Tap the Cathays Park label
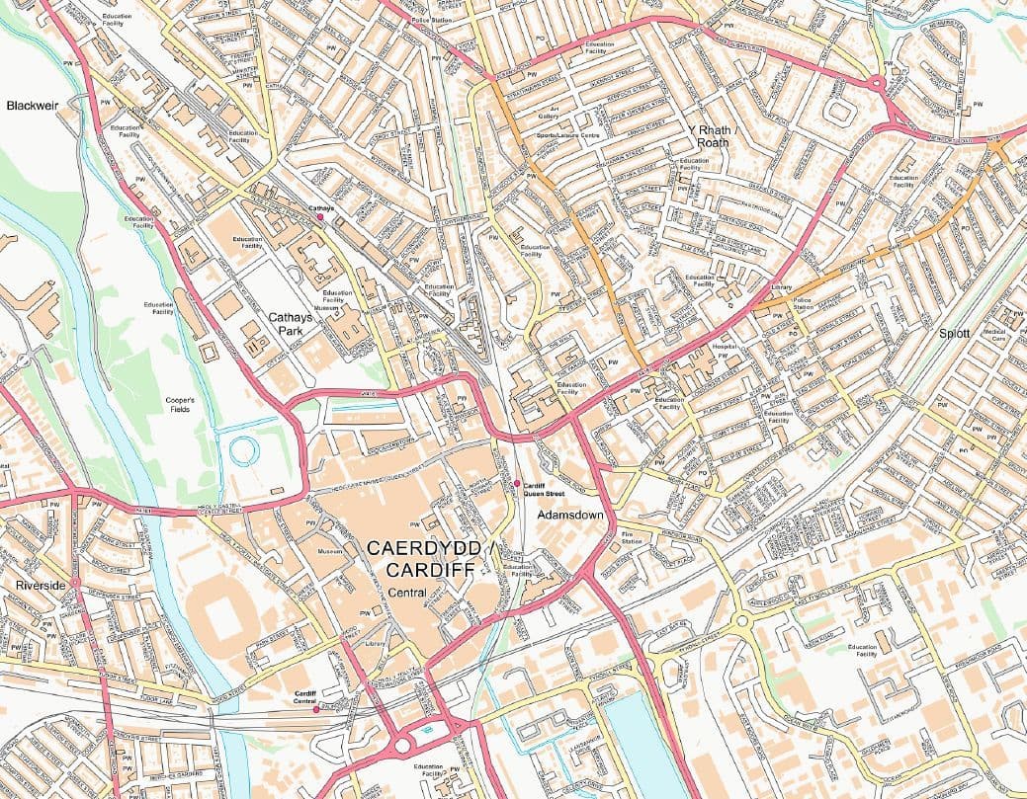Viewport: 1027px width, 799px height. pyautogui.click(x=292, y=325)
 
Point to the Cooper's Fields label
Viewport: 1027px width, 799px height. pyautogui.click(x=181, y=404)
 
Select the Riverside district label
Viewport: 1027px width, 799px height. pyautogui.click(x=41, y=586)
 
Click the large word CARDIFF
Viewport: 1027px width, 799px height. pyautogui.click(x=430, y=570)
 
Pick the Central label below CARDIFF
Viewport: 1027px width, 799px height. pyautogui.click(x=407, y=593)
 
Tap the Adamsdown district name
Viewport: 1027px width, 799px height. pyautogui.click(x=570, y=516)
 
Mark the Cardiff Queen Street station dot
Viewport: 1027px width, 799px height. pyautogui.click(x=516, y=483)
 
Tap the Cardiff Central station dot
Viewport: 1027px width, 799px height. pyautogui.click(x=315, y=709)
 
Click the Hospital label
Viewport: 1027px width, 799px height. pyautogui.click(x=725, y=348)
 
